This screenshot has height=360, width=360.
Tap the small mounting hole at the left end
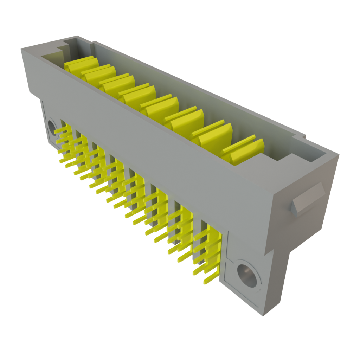point(52,127)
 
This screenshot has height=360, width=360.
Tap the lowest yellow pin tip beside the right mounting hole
point(206,281)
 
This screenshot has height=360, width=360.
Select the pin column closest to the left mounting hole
point(63,141)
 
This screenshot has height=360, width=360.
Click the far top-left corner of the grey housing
point(22,49)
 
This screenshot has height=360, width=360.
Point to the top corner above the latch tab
point(338,154)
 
